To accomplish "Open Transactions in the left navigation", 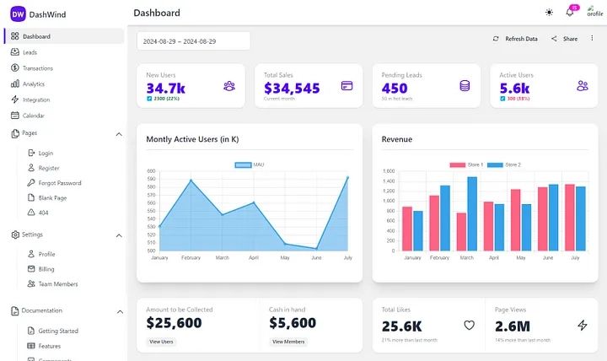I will [37, 68].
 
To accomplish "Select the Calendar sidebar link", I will [33, 116].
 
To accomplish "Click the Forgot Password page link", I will [59, 183].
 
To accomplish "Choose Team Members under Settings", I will [58, 284].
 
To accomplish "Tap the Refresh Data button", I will [515, 39].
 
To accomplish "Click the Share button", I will [565, 39].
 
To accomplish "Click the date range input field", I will [193, 41].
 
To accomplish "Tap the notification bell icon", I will [570, 13].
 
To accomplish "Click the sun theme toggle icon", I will [550, 13].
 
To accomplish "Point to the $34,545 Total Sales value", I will [292, 88].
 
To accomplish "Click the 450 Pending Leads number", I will [395, 88].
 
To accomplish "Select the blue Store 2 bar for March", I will [472, 213].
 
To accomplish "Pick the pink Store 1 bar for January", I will [407, 229].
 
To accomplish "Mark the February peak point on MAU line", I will [191, 180].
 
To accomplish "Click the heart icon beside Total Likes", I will [470, 325].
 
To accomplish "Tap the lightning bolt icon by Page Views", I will [583, 325].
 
